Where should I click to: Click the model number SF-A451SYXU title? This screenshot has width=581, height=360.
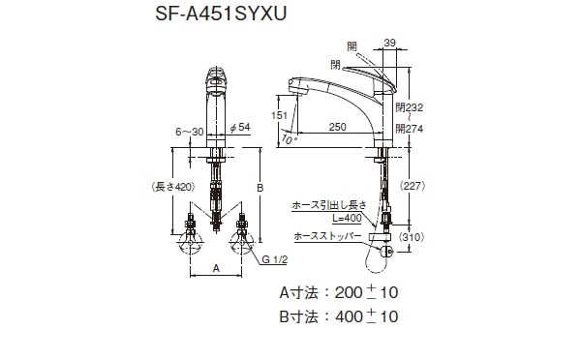click(221, 15)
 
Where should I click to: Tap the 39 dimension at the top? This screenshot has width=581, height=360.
click(389, 43)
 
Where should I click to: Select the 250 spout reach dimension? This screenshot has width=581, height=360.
click(338, 127)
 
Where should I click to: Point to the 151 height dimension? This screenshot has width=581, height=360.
click(280, 115)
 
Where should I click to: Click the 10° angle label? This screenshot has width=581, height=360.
click(289, 139)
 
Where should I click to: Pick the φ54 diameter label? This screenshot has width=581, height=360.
click(240, 128)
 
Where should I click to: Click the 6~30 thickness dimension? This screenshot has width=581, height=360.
click(190, 132)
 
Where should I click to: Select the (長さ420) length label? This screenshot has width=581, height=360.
click(173, 187)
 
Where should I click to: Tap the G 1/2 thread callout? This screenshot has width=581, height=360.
click(275, 259)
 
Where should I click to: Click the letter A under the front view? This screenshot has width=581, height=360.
click(216, 268)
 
